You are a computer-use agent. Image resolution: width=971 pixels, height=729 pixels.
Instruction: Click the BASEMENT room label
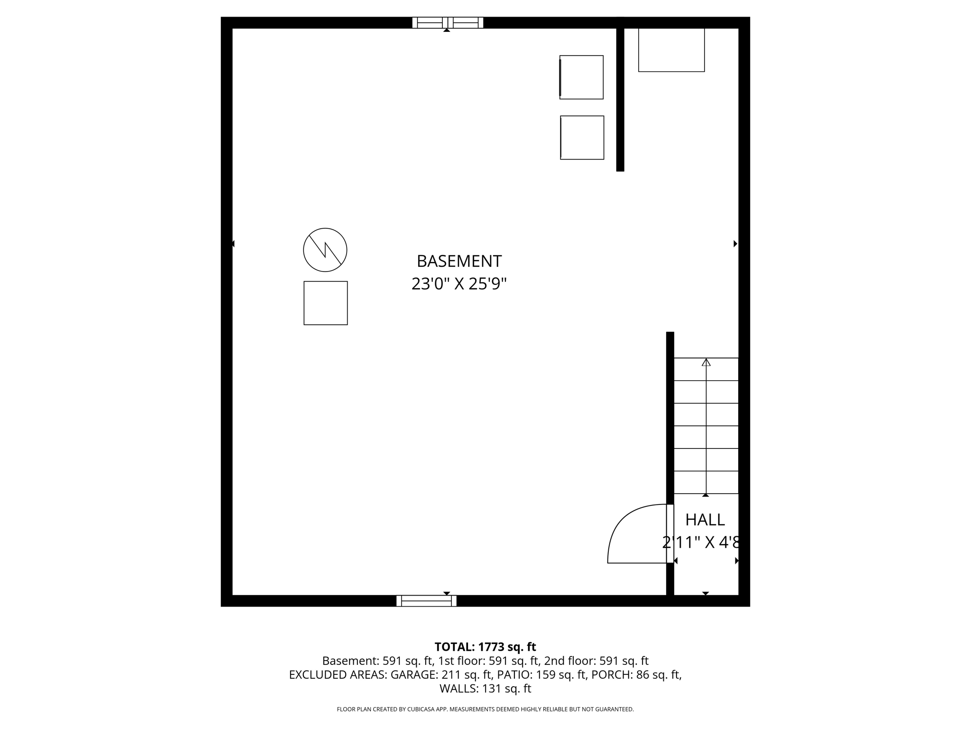coord(459,261)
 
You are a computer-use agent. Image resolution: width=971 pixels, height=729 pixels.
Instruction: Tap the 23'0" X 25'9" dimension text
coord(459,284)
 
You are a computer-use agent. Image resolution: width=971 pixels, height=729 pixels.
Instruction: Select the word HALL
coord(705,520)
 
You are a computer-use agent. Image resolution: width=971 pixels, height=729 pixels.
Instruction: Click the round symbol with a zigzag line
coord(325,250)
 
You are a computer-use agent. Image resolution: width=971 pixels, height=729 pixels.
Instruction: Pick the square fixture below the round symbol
coord(326,303)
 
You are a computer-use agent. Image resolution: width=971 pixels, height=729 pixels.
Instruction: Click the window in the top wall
coord(448,22)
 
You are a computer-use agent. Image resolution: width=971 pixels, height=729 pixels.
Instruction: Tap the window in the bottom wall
coord(426,601)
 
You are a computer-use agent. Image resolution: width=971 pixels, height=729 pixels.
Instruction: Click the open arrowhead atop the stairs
coord(706,363)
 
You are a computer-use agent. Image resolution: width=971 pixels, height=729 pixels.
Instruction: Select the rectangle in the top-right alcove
coord(671,50)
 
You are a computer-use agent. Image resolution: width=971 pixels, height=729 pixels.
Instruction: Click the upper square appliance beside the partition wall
coord(581,77)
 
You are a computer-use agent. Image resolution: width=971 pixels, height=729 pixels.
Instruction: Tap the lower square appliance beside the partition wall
coord(582,138)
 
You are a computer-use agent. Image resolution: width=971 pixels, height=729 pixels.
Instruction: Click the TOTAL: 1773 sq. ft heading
coord(485,647)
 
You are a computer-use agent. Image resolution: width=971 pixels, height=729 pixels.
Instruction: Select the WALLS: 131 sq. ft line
coord(485,689)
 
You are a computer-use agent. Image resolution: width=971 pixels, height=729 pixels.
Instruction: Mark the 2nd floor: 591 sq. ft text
coord(596,661)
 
